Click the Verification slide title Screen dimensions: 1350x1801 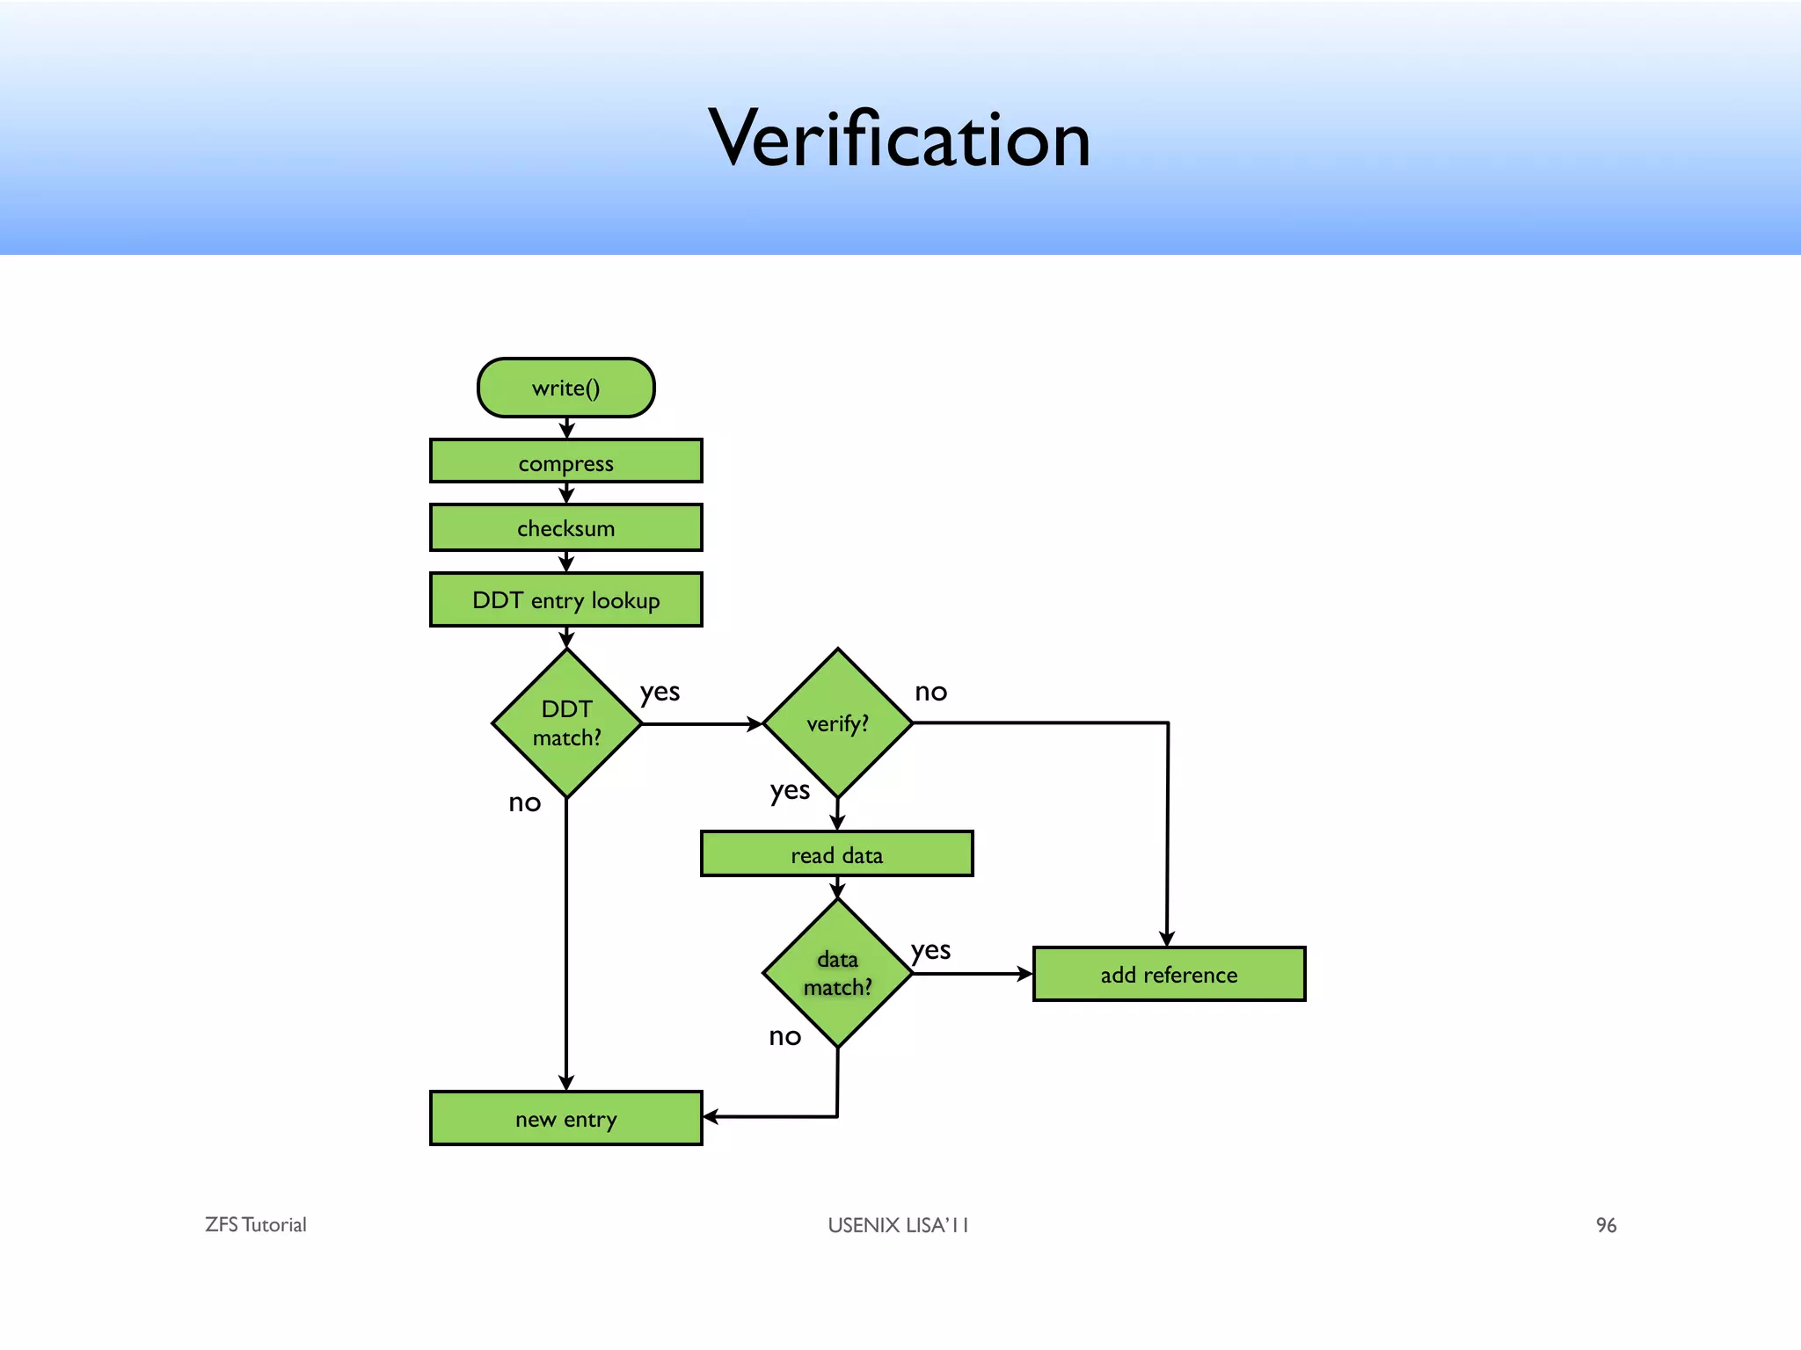click(x=899, y=139)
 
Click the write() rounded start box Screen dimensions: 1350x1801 click(x=565, y=388)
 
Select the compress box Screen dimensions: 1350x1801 click(x=565, y=462)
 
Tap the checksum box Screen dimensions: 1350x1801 click(x=565, y=527)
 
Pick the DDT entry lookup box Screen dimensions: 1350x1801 click(x=565, y=600)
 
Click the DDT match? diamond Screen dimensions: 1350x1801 click(x=566, y=723)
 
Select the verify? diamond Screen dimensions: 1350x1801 click(x=837, y=723)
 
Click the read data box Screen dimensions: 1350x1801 click(x=836, y=854)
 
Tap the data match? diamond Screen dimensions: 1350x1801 click(x=837, y=973)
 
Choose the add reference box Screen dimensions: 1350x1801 click(x=1169, y=974)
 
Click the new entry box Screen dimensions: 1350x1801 click(x=565, y=1119)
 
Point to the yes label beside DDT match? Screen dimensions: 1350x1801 click(x=660, y=693)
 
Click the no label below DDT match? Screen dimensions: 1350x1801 click(x=525, y=802)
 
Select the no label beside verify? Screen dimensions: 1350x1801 click(x=930, y=693)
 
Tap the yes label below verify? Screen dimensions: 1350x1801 click(x=790, y=791)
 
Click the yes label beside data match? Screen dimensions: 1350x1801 click(x=930, y=951)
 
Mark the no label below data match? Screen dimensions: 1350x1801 click(x=784, y=1037)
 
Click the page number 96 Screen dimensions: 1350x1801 click(x=1606, y=1225)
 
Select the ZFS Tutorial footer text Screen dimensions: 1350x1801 click(x=256, y=1225)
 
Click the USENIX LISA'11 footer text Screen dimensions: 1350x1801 click(x=898, y=1225)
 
